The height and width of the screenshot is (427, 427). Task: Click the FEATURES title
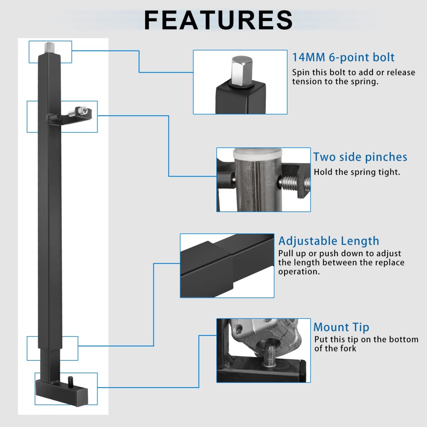click(x=218, y=20)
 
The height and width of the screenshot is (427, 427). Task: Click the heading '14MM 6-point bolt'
click(x=343, y=57)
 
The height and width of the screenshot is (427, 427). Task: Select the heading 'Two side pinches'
click(x=360, y=157)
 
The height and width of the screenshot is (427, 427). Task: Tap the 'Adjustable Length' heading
click(x=328, y=241)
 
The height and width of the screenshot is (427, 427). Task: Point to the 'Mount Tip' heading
click(x=341, y=327)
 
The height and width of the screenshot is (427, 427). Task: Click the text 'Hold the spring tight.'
click(x=357, y=172)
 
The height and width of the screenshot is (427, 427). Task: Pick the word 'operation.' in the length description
click(x=299, y=272)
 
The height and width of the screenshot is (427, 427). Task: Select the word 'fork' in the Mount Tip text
click(x=348, y=348)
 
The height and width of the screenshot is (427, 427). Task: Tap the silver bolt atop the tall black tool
click(x=49, y=48)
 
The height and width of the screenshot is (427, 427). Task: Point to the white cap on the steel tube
click(x=258, y=153)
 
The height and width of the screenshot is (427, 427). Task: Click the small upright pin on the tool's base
click(x=71, y=382)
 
